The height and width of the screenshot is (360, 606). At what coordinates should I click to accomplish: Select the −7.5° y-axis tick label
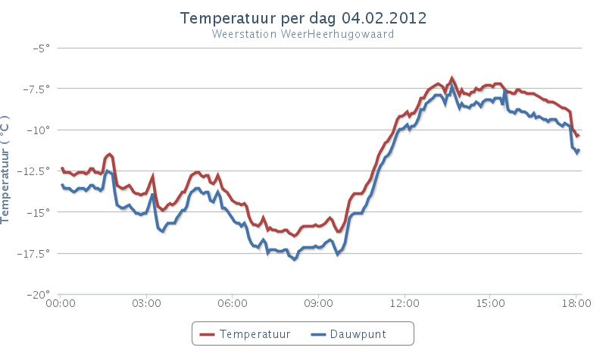tap(35, 89)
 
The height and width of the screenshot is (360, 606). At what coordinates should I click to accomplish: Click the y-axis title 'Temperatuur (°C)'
tap(7, 171)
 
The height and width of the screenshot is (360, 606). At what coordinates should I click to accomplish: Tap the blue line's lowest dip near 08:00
tap(294, 259)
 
